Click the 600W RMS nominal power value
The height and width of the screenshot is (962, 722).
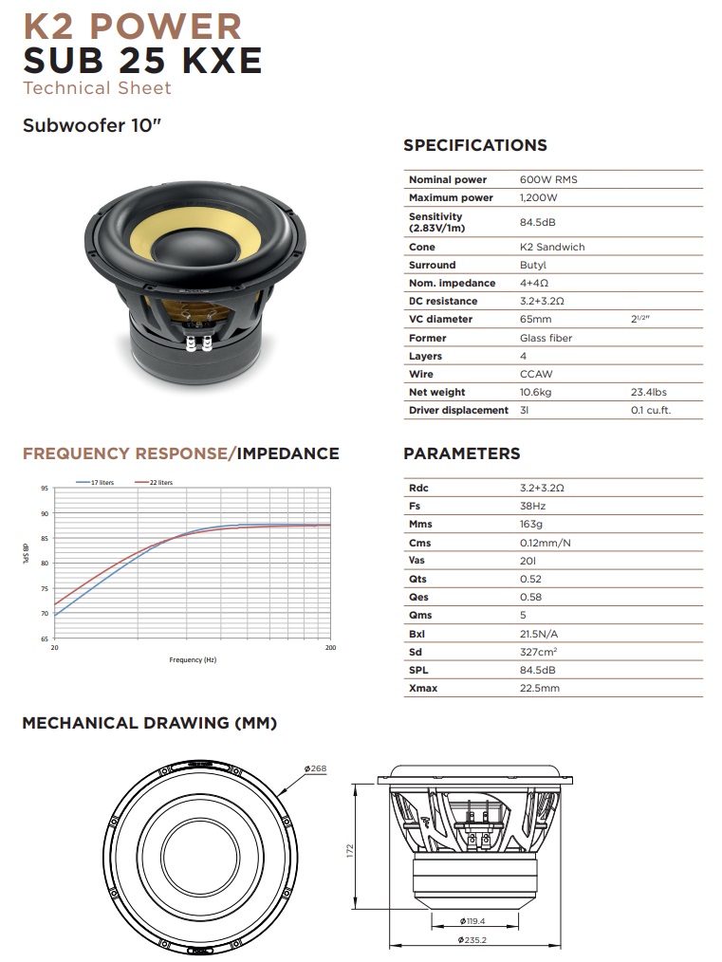(x=548, y=179)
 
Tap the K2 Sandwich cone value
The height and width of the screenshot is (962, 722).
(x=552, y=247)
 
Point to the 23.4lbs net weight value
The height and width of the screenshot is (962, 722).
(x=650, y=392)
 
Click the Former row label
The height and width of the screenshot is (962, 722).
(x=427, y=338)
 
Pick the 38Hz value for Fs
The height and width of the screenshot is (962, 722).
(x=533, y=506)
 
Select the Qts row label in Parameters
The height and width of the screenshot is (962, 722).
(x=417, y=579)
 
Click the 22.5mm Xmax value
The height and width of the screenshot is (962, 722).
(x=540, y=688)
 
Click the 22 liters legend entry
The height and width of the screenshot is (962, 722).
(x=160, y=483)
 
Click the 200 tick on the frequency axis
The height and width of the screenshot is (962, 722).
(x=330, y=648)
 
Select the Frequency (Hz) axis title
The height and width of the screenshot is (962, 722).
(x=193, y=659)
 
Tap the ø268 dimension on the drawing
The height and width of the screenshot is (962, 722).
(x=315, y=768)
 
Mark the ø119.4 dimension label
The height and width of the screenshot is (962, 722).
(x=472, y=921)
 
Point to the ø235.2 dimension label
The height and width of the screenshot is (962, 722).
(x=472, y=940)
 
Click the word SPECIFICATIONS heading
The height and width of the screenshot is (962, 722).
(x=474, y=145)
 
